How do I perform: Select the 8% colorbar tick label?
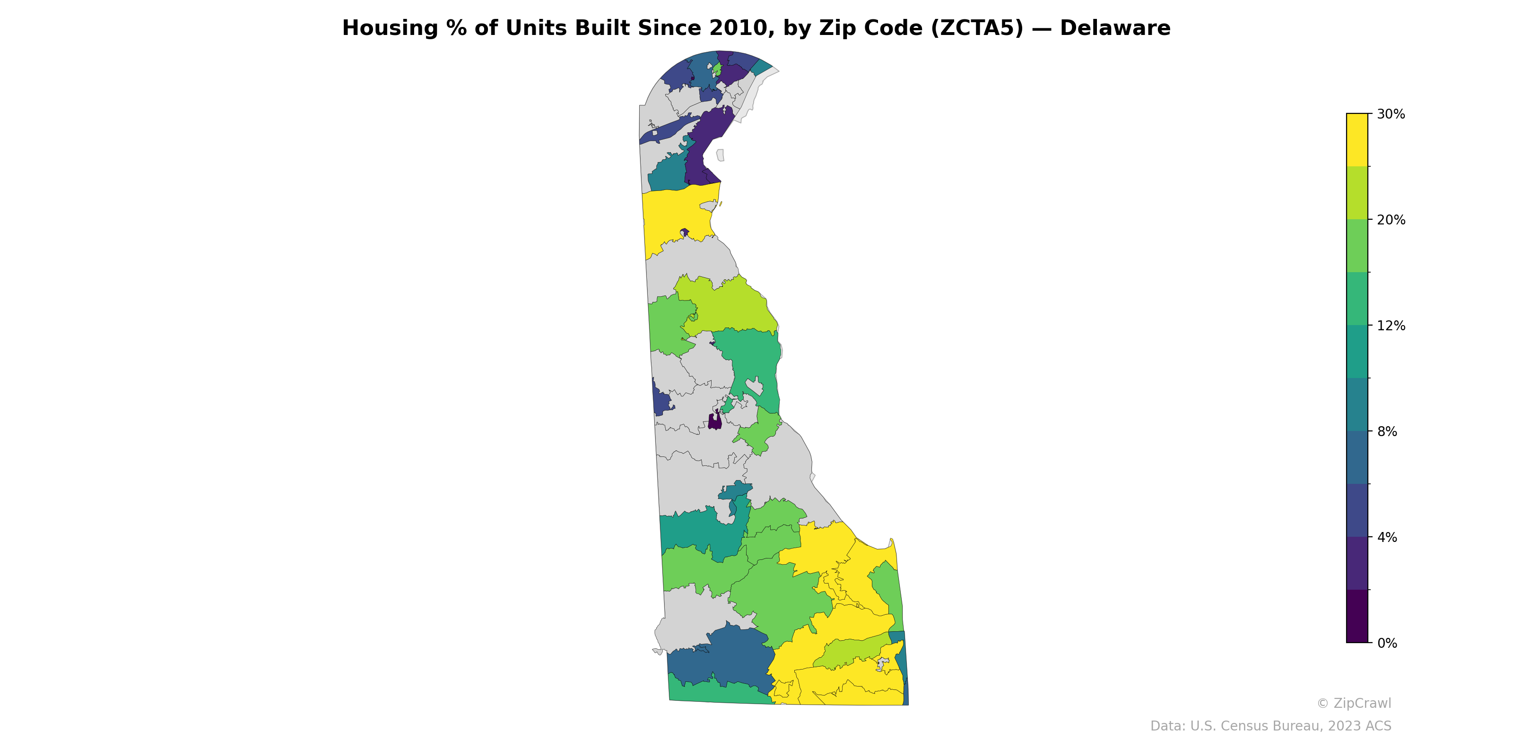(x=1387, y=431)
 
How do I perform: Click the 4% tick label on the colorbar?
(x=1387, y=537)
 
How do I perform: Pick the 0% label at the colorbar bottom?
(x=1387, y=643)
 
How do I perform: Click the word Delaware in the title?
(x=1115, y=28)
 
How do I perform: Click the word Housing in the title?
(x=389, y=28)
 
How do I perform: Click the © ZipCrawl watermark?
(x=1354, y=703)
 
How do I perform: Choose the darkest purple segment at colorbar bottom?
(x=1357, y=616)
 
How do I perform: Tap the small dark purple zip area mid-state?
(x=715, y=421)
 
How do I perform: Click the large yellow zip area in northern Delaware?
(x=676, y=217)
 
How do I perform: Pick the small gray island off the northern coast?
(x=721, y=155)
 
